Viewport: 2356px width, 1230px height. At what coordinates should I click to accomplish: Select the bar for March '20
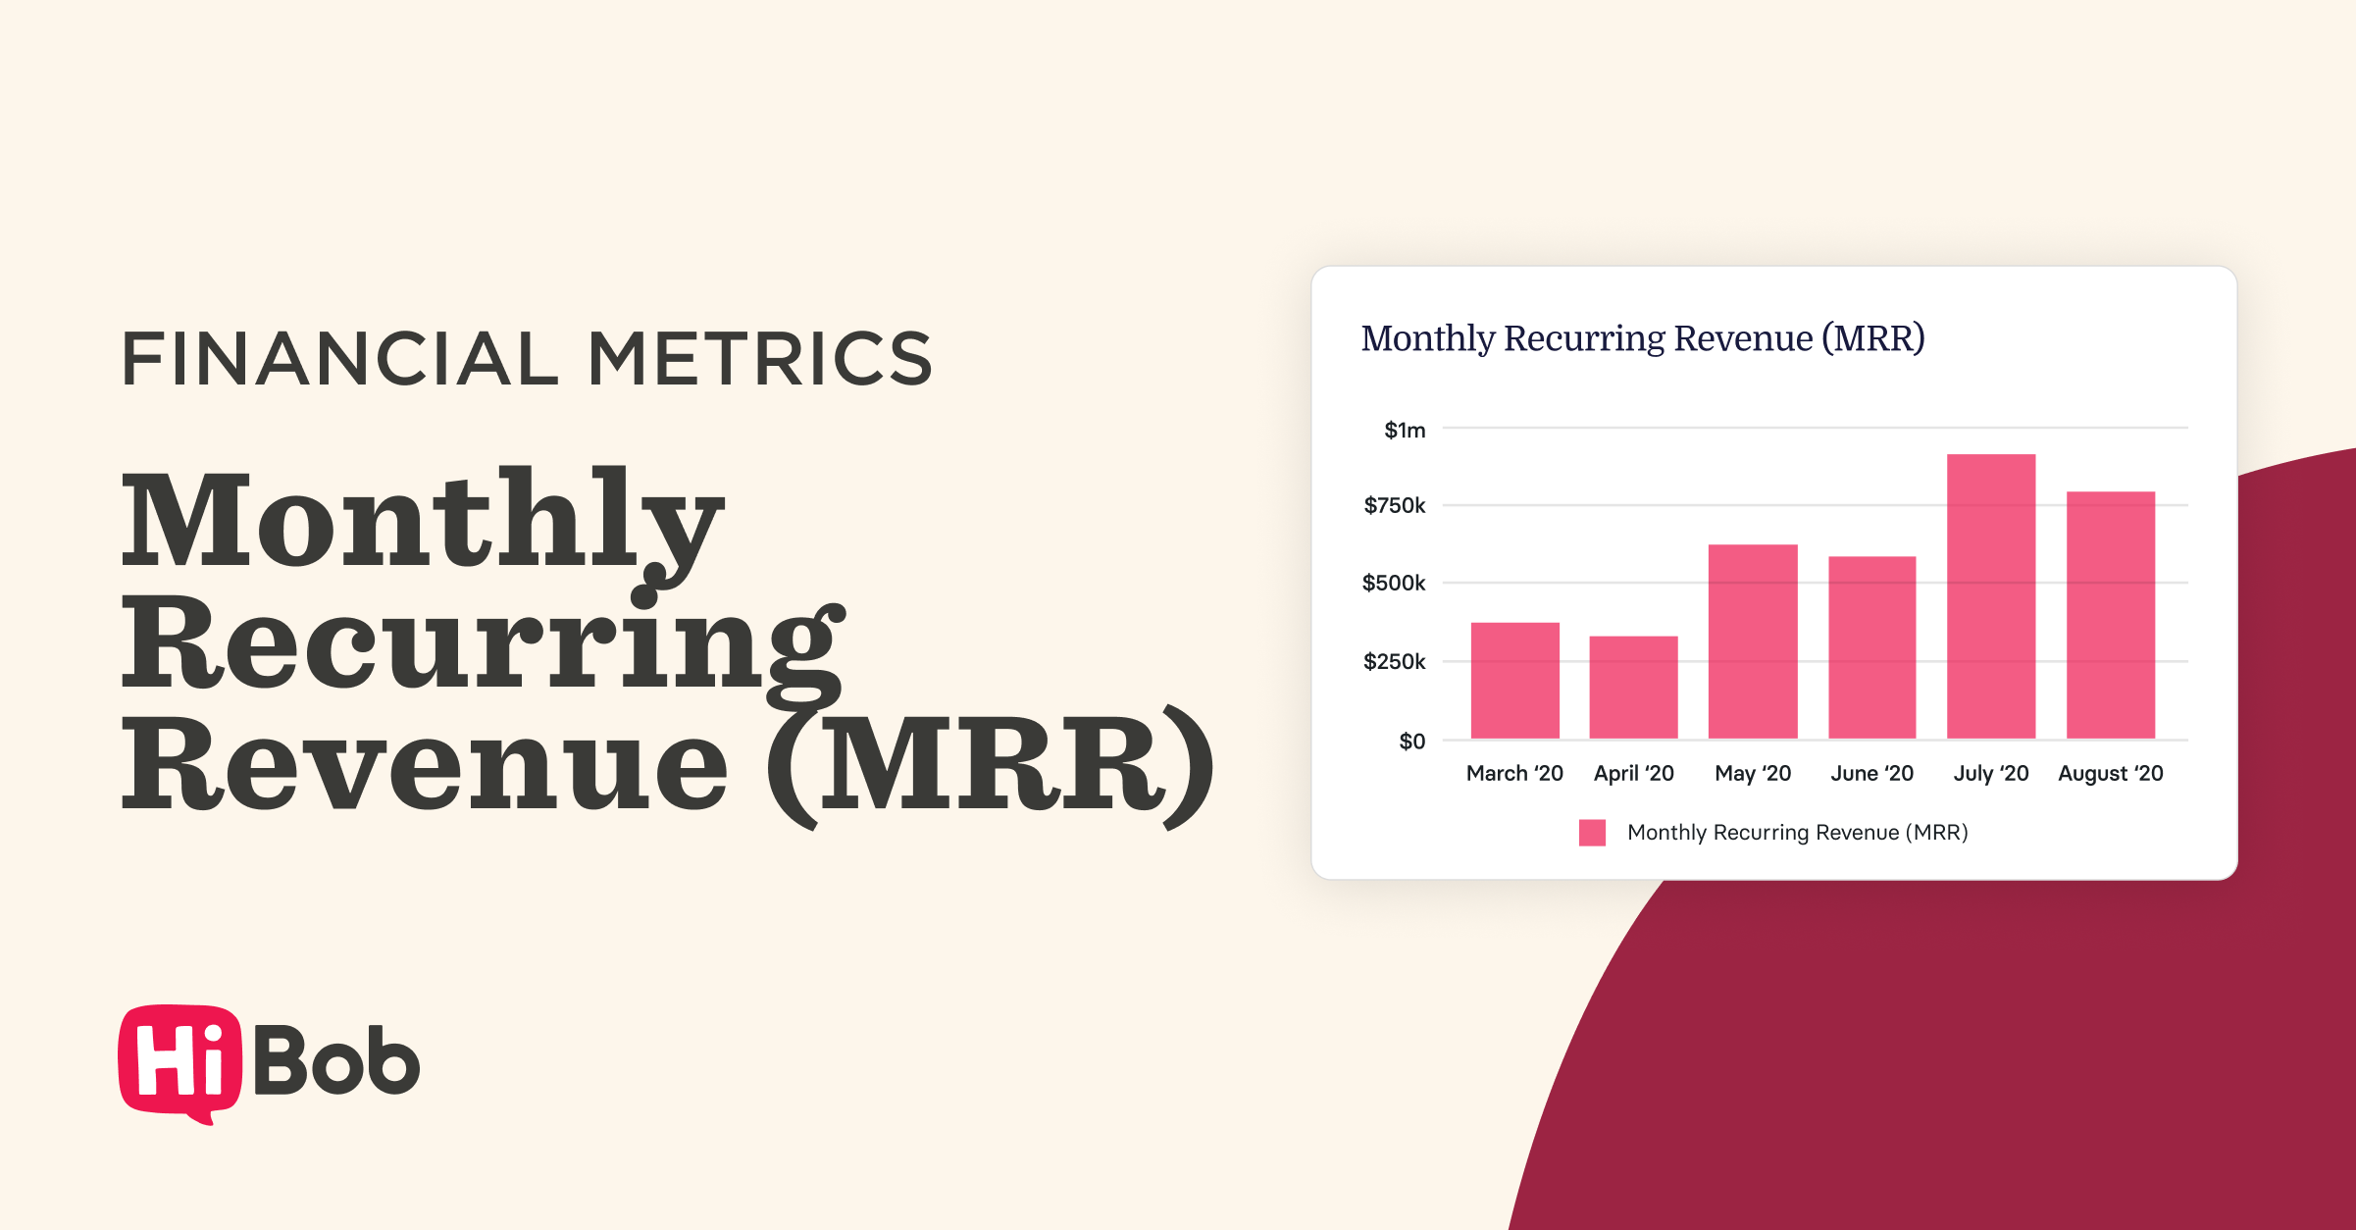click(x=1514, y=681)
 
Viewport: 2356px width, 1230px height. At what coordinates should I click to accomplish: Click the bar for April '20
click(x=1633, y=688)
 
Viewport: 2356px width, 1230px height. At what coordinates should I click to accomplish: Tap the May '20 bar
click(x=1753, y=641)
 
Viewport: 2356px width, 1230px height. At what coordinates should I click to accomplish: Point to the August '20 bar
click(x=2110, y=615)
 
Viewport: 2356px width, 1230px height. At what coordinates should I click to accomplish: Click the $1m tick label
click(x=1405, y=431)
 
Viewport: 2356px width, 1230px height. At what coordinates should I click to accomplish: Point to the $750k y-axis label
click(x=1394, y=506)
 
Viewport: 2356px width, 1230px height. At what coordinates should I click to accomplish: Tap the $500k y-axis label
click(x=1393, y=584)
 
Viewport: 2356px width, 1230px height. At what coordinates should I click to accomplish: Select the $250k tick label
click(x=1394, y=662)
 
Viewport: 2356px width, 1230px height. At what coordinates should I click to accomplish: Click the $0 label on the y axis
click(x=1411, y=742)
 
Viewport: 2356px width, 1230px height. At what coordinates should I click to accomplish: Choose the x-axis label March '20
click(x=1514, y=774)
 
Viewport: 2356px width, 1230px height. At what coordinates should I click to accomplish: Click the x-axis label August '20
click(x=2110, y=774)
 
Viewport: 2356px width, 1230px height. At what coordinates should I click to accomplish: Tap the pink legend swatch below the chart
click(x=1592, y=833)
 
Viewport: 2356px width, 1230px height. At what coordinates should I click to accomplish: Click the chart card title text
click(x=1642, y=338)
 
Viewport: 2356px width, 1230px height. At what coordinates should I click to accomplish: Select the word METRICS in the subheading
click(x=759, y=359)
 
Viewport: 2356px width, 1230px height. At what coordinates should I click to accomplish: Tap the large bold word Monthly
click(x=422, y=520)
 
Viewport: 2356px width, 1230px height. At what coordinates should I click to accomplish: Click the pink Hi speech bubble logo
click(x=179, y=1062)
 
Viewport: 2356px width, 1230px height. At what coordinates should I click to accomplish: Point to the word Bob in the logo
click(x=336, y=1060)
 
